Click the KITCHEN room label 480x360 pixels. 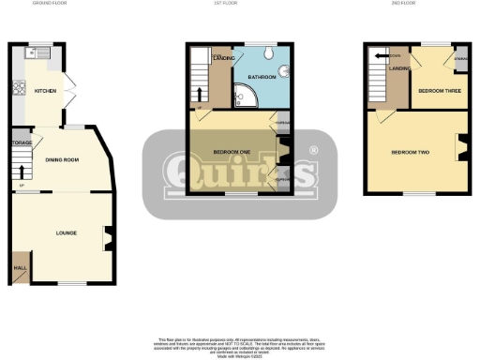pos(45,91)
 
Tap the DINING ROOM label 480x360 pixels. pos(61,160)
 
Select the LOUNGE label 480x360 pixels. pos(65,232)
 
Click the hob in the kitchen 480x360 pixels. pos(20,91)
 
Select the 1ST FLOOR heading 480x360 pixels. pos(240,4)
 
